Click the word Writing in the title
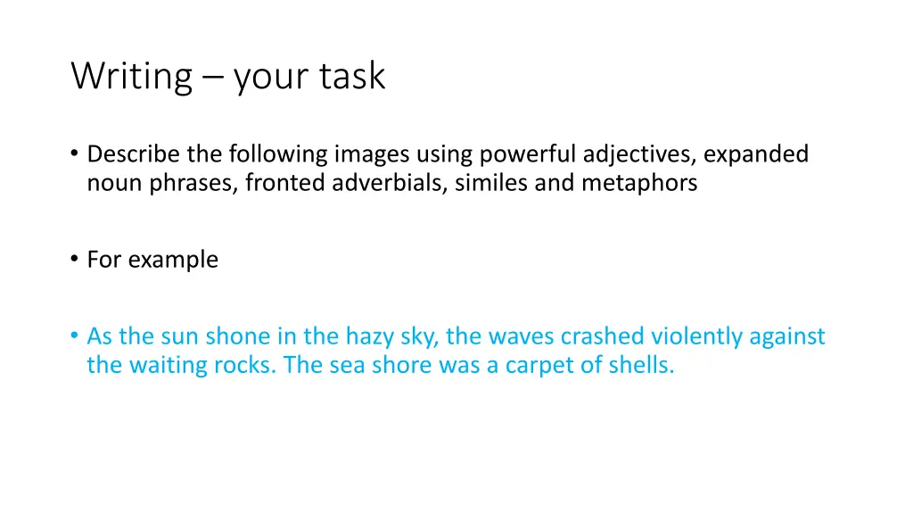tap(131, 77)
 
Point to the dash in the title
tap(213, 79)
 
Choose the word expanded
tap(756, 155)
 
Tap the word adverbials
tap(391, 184)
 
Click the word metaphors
tap(640, 184)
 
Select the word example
tap(173, 260)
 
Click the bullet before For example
tap(74, 259)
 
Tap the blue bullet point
tap(74, 336)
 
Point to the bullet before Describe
tap(74, 154)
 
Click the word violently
tap(696, 336)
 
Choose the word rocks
tap(243, 365)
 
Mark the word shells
tap(640, 365)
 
